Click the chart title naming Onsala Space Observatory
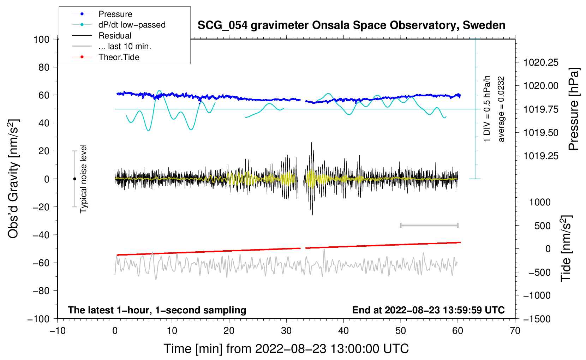(351, 25)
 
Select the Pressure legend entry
(115, 14)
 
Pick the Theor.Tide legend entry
(119, 57)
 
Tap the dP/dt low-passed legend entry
(132, 25)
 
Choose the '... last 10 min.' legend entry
(125, 46)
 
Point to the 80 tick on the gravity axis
(44, 67)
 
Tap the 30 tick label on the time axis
(286, 331)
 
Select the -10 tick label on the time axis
(58, 331)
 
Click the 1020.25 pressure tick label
(541, 62)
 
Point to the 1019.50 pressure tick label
(541, 133)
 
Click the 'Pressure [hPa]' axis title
(574, 109)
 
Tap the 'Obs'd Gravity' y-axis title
(13, 179)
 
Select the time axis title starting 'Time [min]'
(286, 349)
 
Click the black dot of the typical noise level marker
(74, 179)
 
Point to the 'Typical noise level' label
(83, 179)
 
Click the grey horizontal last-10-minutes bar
(429, 225)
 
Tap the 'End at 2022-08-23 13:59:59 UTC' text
(428, 310)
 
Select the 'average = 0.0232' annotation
(501, 109)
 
